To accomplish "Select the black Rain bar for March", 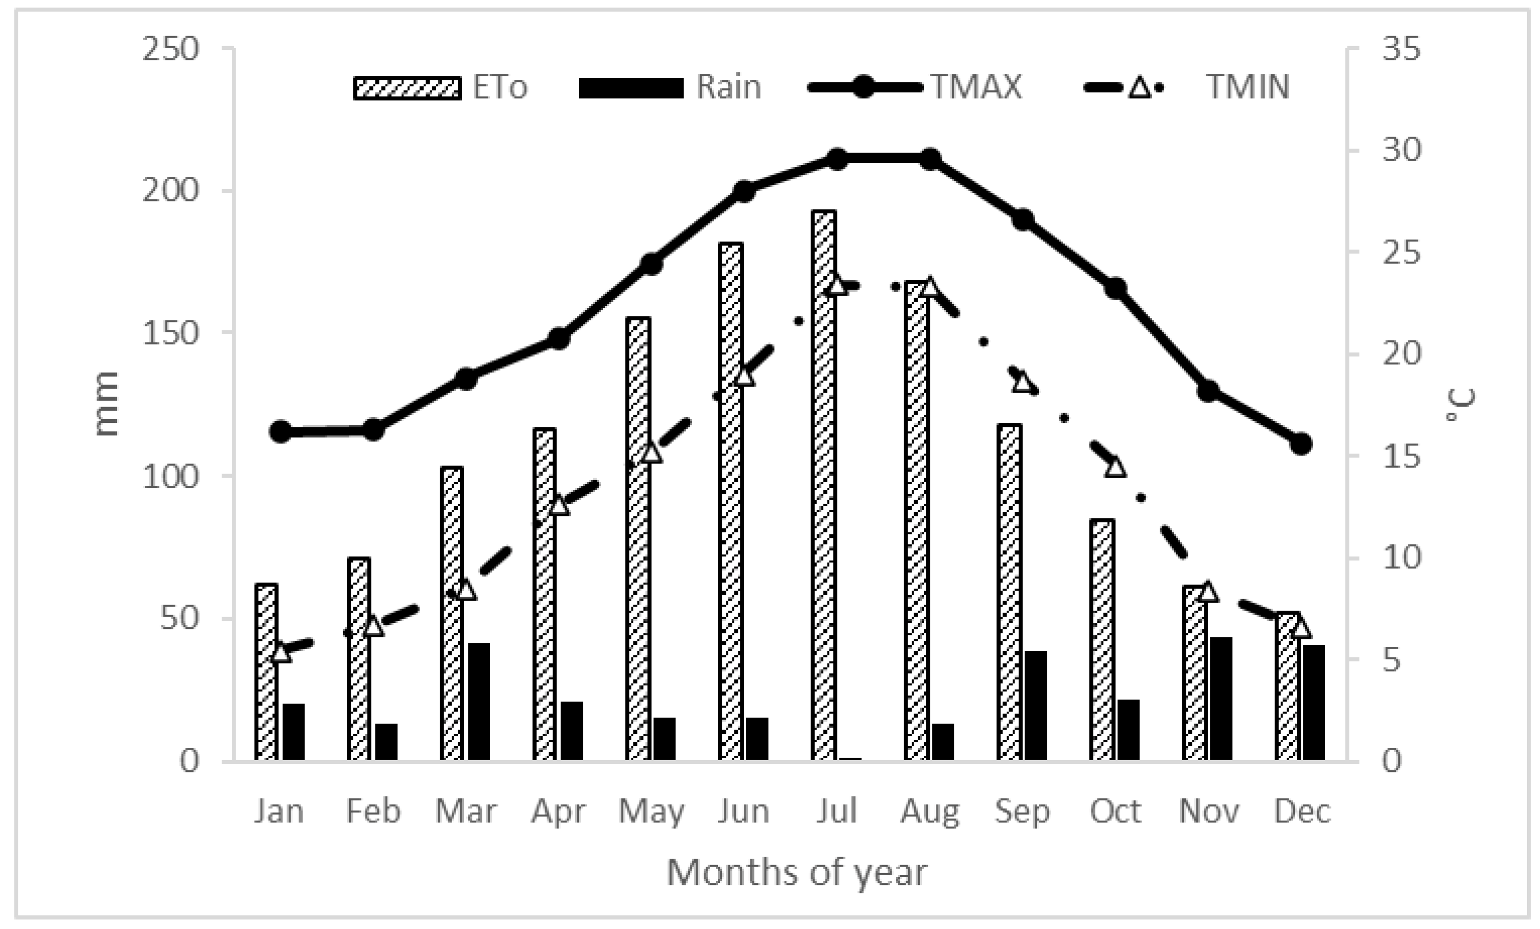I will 479,701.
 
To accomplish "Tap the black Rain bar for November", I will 1221,699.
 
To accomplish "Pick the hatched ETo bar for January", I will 266,672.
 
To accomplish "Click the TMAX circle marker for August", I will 930,159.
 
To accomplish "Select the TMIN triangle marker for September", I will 1022,382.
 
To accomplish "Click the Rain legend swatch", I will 631,88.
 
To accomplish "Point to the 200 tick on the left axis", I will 170,190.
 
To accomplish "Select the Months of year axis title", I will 796,873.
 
